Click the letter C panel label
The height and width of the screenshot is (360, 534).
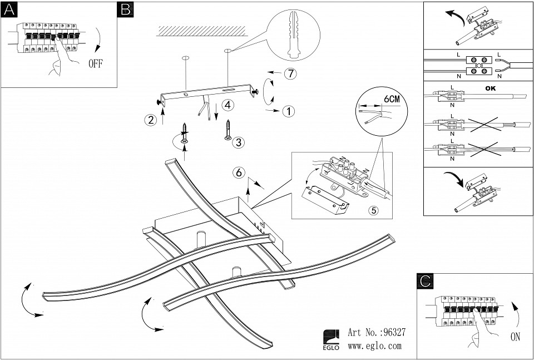pyautogui.click(x=425, y=282)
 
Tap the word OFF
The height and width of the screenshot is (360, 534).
pyautogui.click(x=96, y=63)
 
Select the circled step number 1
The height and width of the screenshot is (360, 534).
pyautogui.click(x=288, y=111)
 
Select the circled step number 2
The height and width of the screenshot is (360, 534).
pyautogui.click(x=149, y=119)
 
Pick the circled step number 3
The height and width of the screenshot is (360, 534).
pyautogui.click(x=238, y=142)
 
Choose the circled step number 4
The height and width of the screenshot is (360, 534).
pyautogui.click(x=227, y=105)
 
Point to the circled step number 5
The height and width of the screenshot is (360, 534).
pyautogui.click(x=374, y=210)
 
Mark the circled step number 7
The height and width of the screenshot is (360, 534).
pyautogui.click(x=288, y=73)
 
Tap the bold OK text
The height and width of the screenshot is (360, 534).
pyautogui.click(x=490, y=88)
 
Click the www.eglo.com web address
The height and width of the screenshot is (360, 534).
pyautogui.click(x=374, y=346)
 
